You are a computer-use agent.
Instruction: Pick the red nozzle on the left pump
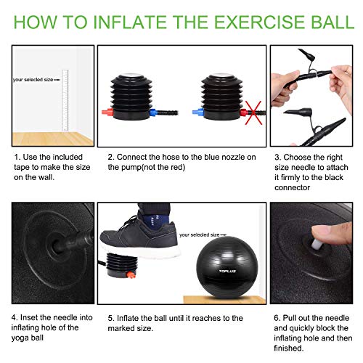pyautogui.click(x=107, y=113)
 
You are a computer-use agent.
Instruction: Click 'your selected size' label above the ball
pyautogui.click(x=203, y=234)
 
